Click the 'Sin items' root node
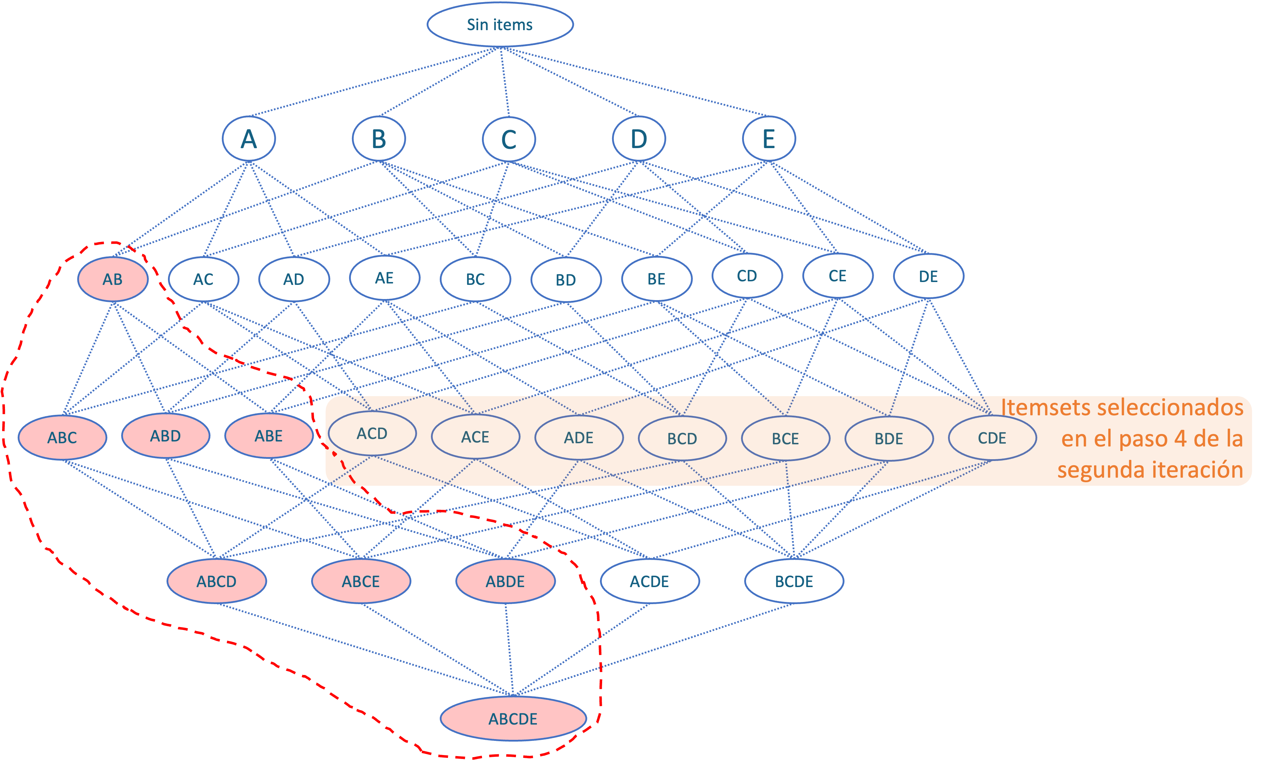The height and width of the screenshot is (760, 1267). click(500, 24)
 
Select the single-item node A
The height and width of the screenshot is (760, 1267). click(249, 139)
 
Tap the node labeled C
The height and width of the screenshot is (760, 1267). click(509, 139)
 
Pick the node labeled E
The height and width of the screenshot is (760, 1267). click(769, 139)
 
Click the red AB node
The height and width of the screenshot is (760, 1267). click(113, 279)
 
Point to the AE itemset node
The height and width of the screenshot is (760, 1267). click(385, 278)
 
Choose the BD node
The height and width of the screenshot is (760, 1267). click(566, 280)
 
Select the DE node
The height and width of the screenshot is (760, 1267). click(929, 277)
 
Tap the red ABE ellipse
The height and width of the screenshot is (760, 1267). click(269, 436)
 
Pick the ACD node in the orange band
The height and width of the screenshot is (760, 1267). click(372, 434)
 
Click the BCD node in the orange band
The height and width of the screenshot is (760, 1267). click(682, 438)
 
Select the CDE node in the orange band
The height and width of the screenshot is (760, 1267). click(992, 438)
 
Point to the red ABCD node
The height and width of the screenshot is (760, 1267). click(217, 581)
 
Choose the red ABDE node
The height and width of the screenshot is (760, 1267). click(505, 581)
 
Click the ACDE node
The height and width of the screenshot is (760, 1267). click(649, 581)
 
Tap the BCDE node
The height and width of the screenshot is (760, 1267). click(794, 581)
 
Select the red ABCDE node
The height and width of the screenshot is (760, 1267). click(513, 719)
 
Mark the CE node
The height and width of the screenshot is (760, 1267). click(838, 276)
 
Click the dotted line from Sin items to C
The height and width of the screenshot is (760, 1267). click(504, 82)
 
